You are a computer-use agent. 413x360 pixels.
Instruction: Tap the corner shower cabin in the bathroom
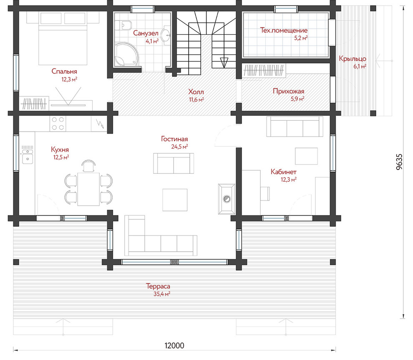[x=126, y=54]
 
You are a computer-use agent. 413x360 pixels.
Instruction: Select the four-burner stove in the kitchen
[x=58, y=124]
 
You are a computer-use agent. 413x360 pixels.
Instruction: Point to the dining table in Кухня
[x=88, y=189]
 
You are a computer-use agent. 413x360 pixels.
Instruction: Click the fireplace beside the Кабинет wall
[x=227, y=199]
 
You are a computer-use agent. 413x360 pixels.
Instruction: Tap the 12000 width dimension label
[x=174, y=345]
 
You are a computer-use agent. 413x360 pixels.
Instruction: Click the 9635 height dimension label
[x=399, y=162]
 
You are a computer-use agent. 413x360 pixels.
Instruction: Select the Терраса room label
[x=158, y=286]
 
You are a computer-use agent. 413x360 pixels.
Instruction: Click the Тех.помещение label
[x=284, y=30]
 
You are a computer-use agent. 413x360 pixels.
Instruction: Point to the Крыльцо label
[x=353, y=58]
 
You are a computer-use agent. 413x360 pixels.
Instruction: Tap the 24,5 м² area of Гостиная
[x=179, y=147]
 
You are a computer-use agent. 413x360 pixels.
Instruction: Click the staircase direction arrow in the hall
[x=224, y=63]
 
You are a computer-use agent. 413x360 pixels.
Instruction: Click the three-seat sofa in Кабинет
[x=295, y=127]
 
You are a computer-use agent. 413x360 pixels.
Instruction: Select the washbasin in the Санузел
[x=166, y=34]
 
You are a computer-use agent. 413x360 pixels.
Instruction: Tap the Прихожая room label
[x=288, y=91]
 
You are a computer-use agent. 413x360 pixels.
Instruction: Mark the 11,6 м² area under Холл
[x=196, y=100]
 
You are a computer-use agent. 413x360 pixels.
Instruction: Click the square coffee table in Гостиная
[x=175, y=200]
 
